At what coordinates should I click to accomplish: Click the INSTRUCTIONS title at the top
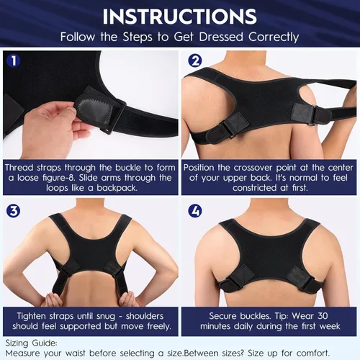(x=179, y=16)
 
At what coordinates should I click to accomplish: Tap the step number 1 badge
(x=12, y=62)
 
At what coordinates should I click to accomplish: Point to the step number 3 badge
(x=12, y=212)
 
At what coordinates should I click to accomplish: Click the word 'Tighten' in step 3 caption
(x=32, y=315)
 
